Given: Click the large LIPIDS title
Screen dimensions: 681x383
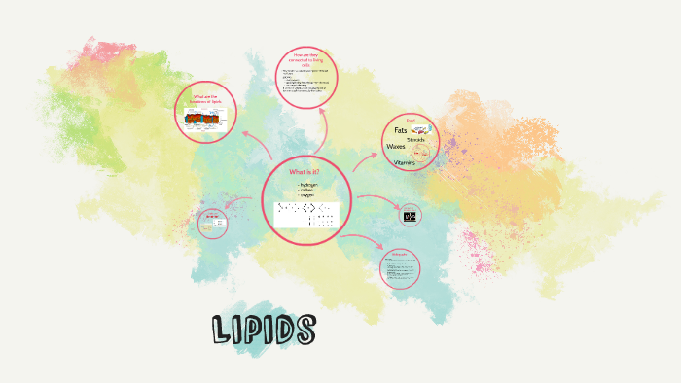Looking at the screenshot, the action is tap(264, 330).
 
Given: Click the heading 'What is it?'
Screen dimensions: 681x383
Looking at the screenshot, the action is tap(305, 172).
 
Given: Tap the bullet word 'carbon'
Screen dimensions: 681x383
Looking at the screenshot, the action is tap(305, 190).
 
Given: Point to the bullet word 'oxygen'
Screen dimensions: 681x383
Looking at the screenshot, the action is tap(305, 195).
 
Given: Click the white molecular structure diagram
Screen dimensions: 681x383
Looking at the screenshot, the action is tap(305, 215).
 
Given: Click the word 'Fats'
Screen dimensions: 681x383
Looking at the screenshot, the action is tap(400, 130).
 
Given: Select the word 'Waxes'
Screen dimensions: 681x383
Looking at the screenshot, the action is tap(396, 147).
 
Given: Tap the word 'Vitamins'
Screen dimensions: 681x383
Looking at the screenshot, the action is tap(405, 162).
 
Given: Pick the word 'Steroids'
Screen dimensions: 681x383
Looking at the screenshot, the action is tap(415, 140).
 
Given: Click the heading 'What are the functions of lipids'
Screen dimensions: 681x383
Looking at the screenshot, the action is tap(206, 99).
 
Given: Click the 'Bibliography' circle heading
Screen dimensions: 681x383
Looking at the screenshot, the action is tap(399, 254).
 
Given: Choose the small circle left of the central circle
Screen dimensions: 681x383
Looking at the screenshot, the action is tap(213, 224).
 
